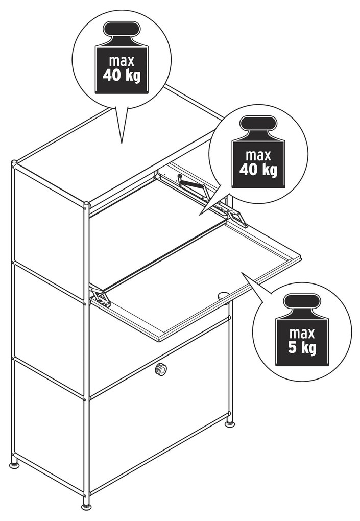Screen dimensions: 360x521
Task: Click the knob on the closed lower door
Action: click(x=161, y=369)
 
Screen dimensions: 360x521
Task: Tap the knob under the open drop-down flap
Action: click(x=224, y=295)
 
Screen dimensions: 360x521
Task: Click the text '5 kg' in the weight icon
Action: click(x=302, y=347)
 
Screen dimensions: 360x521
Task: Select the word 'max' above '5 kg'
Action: click(x=302, y=333)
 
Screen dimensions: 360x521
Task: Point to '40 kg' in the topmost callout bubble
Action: click(x=122, y=76)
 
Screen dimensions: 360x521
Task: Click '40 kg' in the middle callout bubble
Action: click(x=258, y=170)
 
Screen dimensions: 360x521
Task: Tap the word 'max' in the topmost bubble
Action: click(x=122, y=61)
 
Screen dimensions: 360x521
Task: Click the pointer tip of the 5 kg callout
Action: click(x=242, y=273)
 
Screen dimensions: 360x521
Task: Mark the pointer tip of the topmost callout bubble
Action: click(x=122, y=143)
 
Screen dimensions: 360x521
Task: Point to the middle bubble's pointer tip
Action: click(x=200, y=216)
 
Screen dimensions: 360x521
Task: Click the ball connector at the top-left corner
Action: click(x=14, y=163)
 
